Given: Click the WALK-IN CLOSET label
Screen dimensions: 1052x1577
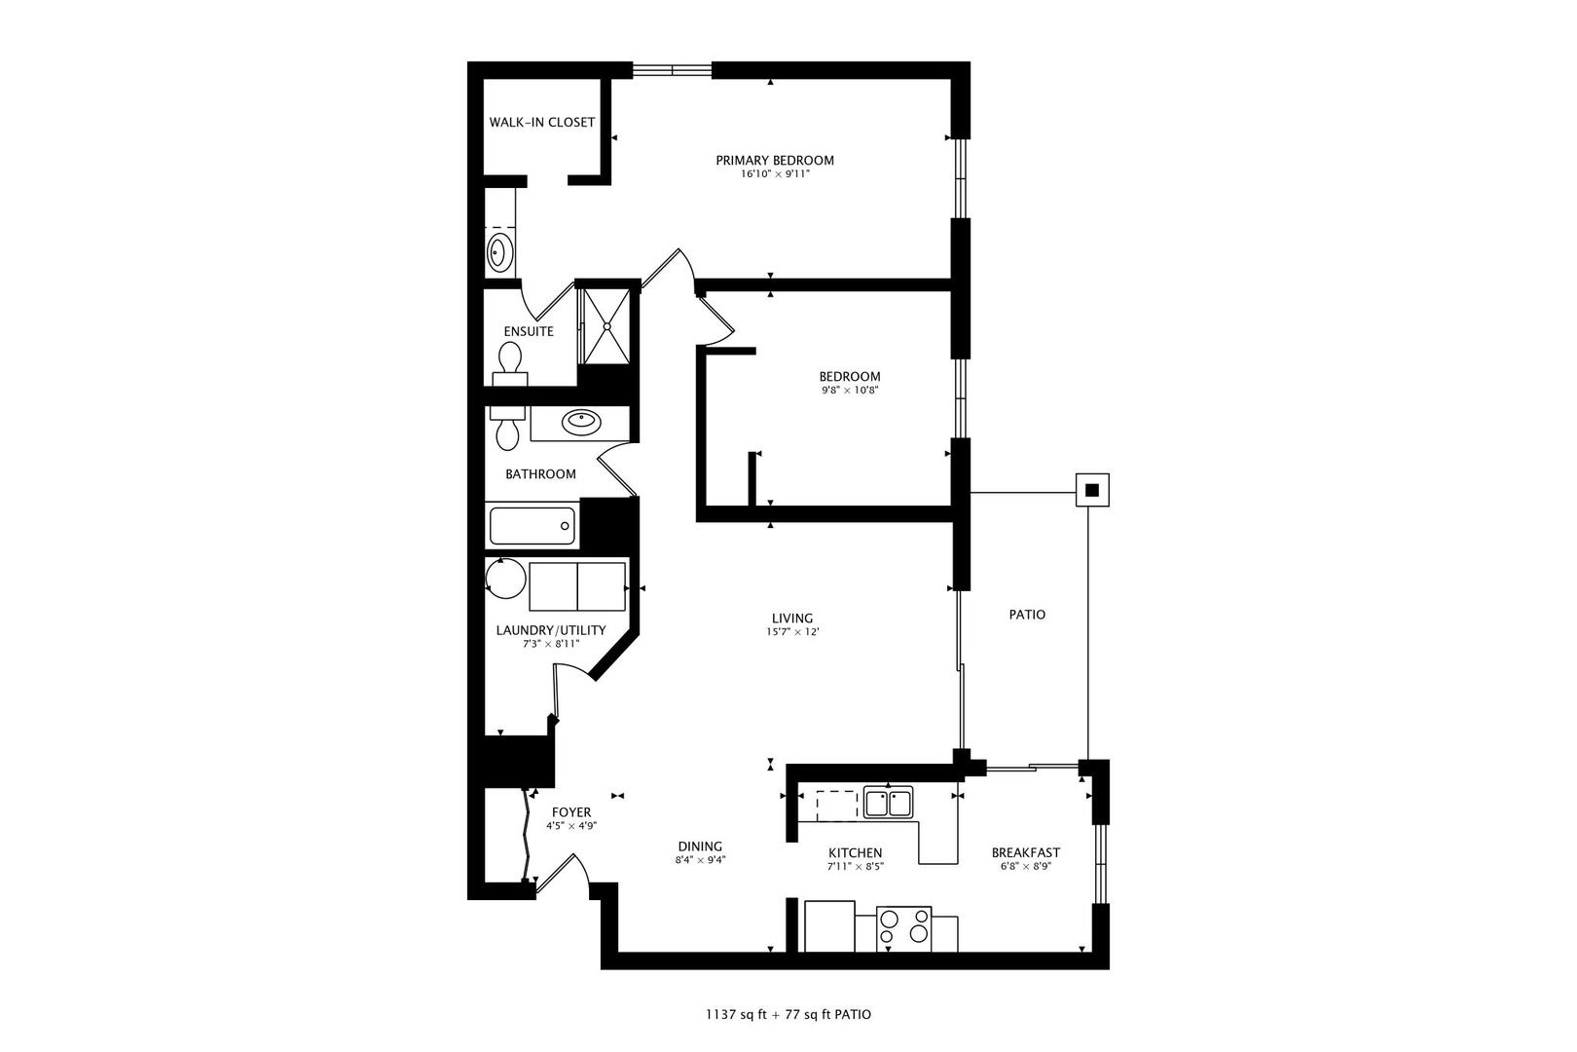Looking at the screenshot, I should (x=541, y=123).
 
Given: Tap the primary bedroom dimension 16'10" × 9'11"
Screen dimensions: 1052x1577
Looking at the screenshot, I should (x=775, y=174).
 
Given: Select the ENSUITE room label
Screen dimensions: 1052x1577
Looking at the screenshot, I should (x=529, y=331).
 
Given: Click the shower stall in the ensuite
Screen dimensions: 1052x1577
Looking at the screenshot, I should (x=605, y=324).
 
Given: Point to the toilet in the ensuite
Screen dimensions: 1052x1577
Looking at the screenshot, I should (x=511, y=359).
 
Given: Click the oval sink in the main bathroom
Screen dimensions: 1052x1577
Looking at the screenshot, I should (x=581, y=422).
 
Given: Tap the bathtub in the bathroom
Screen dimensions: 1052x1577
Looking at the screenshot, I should (x=532, y=526).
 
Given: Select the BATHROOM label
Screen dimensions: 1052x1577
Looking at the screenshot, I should (x=540, y=474).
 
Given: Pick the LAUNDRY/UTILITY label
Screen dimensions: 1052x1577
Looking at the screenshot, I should (x=551, y=630).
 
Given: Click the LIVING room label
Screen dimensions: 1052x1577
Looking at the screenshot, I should (x=791, y=619).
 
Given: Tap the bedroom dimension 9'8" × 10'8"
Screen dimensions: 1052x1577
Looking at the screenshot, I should (x=850, y=391).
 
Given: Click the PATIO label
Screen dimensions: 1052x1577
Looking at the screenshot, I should (x=1027, y=615).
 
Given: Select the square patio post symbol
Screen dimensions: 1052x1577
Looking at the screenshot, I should (x=1091, y=490).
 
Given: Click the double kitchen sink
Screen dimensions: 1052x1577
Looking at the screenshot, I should (x=888, y=804).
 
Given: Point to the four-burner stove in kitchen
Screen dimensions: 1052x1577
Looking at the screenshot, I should (x=904, y=928).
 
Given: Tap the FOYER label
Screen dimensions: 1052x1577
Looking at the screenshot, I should (x=571, y=812).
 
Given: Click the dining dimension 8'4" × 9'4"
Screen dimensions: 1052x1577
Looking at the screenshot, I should (x=700, y=860).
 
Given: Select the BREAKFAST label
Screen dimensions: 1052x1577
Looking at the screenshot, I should (x=1025, y=852).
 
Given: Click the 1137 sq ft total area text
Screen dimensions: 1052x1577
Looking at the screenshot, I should (x=740, y=1015).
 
